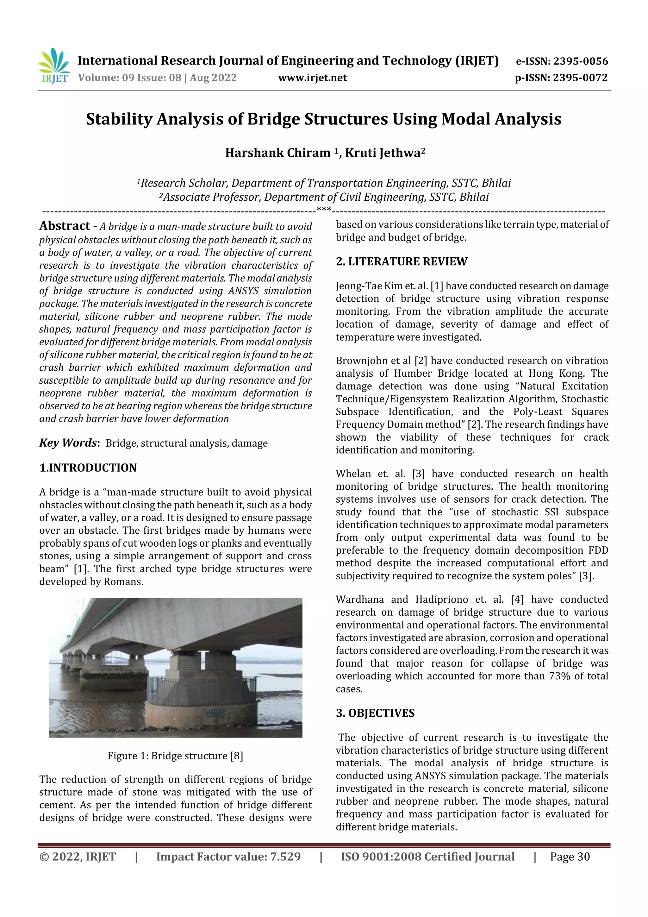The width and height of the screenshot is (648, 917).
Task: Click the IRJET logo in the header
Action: tap(54, 66)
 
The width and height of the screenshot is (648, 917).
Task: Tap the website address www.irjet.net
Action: tap(312, 78)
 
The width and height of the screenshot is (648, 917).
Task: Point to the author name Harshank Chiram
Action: tap(277, 153)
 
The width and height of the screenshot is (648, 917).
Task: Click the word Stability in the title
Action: tap(119, 119)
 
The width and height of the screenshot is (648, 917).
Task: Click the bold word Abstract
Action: tap(64, 226)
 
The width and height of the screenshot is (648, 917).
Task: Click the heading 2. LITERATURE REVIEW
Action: tap(401, 261)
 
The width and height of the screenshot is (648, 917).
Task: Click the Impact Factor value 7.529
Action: tap(285, 856)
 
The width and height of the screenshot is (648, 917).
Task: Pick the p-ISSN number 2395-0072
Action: tap(580, 78)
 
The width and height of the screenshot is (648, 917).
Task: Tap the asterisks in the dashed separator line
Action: tap(324, 209)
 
